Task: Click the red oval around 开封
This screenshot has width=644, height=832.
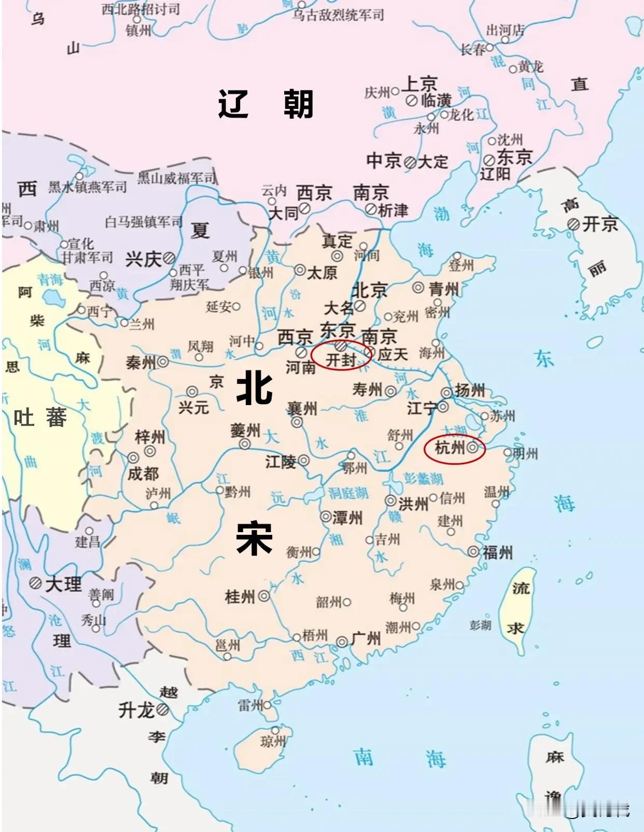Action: [x=341, y=356]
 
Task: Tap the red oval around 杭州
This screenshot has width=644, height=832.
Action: [x=454, y=449]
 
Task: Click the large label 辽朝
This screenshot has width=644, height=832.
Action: [x=265, y=104]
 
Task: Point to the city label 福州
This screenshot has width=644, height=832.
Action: [x=497, y=552]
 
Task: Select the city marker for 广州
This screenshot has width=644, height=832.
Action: [x=342, y=642]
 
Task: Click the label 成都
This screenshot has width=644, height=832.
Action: [x=143, y=473]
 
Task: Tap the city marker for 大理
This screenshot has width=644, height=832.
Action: [x=35, y=583]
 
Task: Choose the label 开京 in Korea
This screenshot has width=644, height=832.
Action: [x=600, y=224]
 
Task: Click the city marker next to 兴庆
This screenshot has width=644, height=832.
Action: [x=169, y=258]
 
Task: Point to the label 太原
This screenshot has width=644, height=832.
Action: [x=322, y=272]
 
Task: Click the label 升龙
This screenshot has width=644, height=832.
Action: [x=136, y=710]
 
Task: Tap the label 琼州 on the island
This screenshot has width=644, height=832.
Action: [x=273, y=742]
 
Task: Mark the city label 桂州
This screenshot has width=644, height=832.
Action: [x=240, y=597]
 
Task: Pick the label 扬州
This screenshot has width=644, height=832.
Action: [x=470, y=390]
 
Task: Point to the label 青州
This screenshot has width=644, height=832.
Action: [x=444, y=289]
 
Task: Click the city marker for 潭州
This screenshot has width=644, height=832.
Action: [x=326, y=517]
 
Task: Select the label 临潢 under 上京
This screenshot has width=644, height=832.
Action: [x=436, y=100]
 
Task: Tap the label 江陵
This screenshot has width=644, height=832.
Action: [x=281, y=461]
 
